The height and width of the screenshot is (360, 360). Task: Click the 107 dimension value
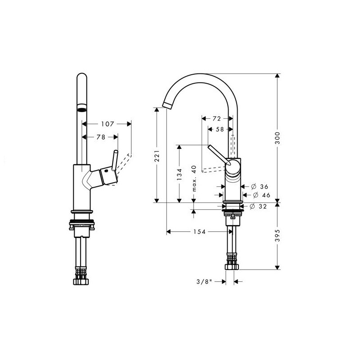[108, 124]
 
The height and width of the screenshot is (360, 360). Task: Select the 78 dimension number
[100, 137]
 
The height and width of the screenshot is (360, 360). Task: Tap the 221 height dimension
[157, 156]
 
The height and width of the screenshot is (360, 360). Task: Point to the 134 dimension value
[180, 174]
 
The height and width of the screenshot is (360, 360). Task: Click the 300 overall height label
[278, 138]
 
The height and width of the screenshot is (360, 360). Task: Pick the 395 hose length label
[278, 235]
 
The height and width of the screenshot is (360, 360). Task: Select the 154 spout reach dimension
[199, 232]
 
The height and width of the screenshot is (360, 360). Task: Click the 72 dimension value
[216, 118]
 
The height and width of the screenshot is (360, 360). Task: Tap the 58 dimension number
[220, 129]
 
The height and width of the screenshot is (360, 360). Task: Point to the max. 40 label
[194, 178]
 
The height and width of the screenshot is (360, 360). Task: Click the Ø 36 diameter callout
[260, 186]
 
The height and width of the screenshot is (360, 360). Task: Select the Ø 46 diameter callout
[261, 195]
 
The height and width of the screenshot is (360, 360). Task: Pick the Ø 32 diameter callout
[258, 207]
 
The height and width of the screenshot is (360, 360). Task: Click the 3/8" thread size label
[204, 282]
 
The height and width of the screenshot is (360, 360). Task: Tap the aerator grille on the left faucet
[82, 108]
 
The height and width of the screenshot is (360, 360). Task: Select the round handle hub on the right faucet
[233, 167]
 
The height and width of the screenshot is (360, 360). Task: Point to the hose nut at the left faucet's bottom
[81, 282]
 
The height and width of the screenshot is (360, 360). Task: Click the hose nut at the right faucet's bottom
[232, 267]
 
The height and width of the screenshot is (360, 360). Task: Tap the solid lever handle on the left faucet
[115, 160]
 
